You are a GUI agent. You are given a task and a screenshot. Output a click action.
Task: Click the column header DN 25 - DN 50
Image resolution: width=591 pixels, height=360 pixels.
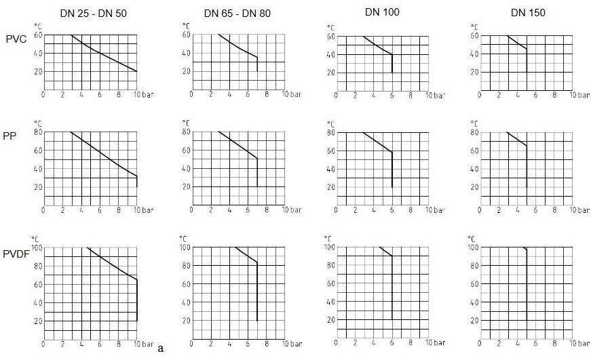click(89, 12)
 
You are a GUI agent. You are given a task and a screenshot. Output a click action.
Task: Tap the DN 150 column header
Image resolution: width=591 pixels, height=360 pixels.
click(528, 12)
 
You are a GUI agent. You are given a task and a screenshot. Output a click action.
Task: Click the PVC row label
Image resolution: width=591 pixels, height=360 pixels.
click(16, 39)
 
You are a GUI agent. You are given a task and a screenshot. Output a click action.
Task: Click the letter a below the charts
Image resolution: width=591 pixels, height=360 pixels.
click(160, 348)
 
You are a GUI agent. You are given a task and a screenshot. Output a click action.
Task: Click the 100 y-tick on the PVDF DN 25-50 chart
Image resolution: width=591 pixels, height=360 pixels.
click(35, 247)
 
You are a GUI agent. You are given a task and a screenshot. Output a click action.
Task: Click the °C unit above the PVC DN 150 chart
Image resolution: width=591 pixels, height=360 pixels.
click(474, 26)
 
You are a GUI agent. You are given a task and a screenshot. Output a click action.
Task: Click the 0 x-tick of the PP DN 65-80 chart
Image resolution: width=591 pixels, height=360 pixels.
click(192, 210)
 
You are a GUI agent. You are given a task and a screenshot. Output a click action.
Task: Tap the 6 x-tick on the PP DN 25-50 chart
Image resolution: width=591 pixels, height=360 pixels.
click(100, 210)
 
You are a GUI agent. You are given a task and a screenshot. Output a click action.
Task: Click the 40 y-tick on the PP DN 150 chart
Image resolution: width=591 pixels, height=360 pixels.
click(476, 169)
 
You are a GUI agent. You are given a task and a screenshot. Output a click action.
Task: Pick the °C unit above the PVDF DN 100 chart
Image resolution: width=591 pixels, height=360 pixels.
click(327, 238)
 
